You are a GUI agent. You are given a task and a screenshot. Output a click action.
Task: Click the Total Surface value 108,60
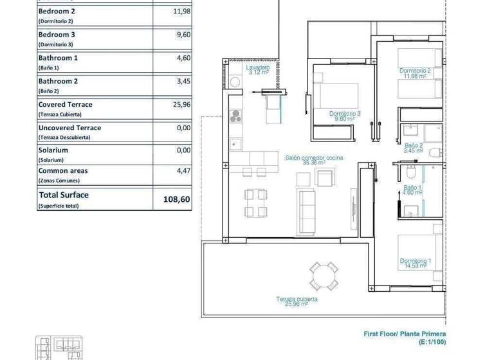[x=176, y=199]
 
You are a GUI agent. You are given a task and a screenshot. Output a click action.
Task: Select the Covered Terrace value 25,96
[x=182, y=104]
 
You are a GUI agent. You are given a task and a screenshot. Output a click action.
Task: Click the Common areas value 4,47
[x=183, y=171]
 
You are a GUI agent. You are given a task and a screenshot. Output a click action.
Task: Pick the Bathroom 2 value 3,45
[x=183, y=81]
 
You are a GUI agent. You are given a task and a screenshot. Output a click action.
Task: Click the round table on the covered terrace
[x=322, y=276]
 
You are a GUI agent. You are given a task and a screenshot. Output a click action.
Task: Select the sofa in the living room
[x=306, y=210]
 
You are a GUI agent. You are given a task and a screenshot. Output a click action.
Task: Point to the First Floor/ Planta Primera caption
[x=403, y=334]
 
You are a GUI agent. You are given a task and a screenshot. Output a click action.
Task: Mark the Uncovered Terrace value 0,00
[x=183, y=127]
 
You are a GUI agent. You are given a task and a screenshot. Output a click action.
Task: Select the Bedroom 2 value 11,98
[x=182, y=12]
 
